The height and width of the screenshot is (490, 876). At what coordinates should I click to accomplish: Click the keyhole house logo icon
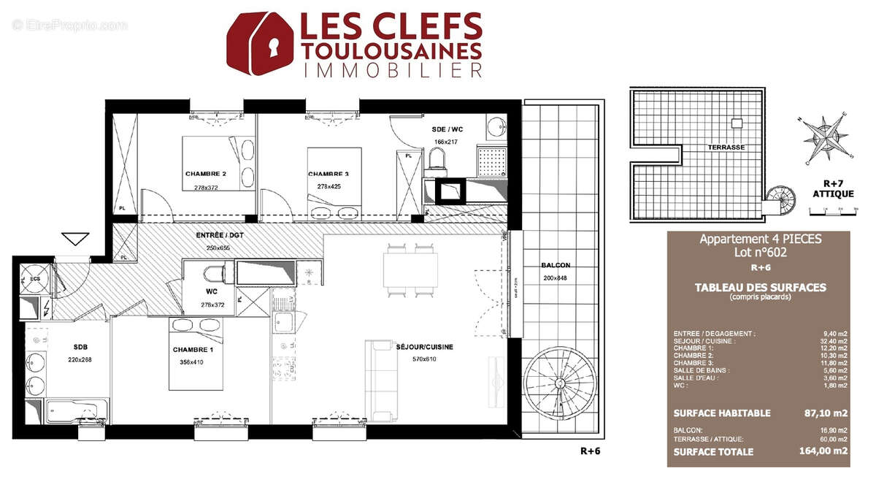coord(259,44)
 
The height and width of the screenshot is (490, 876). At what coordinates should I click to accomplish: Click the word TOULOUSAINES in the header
coord(391,50)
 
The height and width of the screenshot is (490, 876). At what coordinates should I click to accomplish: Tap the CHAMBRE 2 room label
coord(205,174)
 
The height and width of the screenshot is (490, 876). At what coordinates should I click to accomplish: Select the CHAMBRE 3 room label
coord(328,174)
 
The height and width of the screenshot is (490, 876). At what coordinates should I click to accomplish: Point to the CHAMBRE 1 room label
coord(193,351)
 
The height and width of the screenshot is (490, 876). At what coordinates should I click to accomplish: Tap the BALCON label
coord(556,265)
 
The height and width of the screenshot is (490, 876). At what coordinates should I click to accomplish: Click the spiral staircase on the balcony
coord(559,385)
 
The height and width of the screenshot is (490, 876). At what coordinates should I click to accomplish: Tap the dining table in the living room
coord(410,269)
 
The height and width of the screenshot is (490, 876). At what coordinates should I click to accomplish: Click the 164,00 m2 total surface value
coord(823,451)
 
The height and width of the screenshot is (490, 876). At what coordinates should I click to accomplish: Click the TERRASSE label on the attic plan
coord(726,147)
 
